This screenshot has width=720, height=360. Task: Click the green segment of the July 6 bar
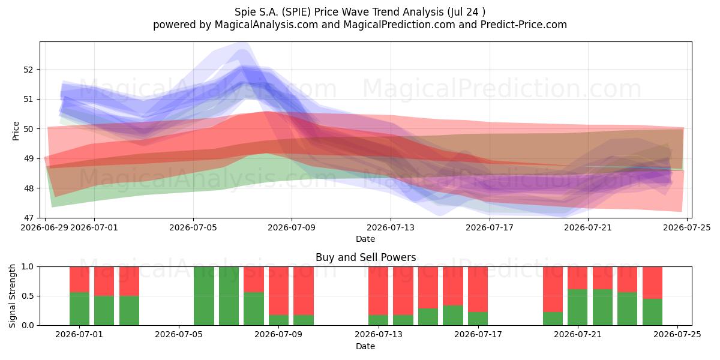pyautogui.click(x=204, y=296)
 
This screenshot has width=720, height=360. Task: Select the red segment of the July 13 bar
pyautogui.click(x=379, y=291)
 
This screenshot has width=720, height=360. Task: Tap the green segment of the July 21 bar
pyautogui.click(x=577, y=307)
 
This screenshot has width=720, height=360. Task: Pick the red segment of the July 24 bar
pyautogui.click(x=653, y=283)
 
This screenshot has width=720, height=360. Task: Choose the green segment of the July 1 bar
pyautogui.click(x=79, y=309)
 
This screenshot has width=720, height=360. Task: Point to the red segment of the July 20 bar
pyautogui.click(x=553, y=289)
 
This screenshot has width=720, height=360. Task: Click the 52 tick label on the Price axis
pyautogui.click(x=28, y=70)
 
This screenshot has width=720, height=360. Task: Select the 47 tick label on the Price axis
pyautogui.click(x=28, y=218)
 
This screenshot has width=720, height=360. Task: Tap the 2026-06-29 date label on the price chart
pyautogui.click(x=44, y=227)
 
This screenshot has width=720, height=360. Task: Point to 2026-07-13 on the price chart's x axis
pyautogui.click(x=391, y=227)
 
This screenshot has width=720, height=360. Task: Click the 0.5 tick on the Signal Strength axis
pyautogui.click(x=28, y=296)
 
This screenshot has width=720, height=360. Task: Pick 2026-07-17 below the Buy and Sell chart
pyautogui.click(x=478, y=335)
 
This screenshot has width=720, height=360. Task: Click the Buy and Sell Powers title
pyautogui.click(x=366, y=257)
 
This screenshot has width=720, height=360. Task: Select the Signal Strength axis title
pyautogui.click(x=12, y=296)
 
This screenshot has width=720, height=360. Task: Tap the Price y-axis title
pyautogui.click(x=16, y=131)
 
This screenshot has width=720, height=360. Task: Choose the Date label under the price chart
pyautogui.click(x=365, y=239)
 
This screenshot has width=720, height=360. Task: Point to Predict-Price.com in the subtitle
pyautogui.click(x=524, y=25)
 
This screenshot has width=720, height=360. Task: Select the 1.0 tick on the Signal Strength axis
pyautogui.click(x=28, y=266)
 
